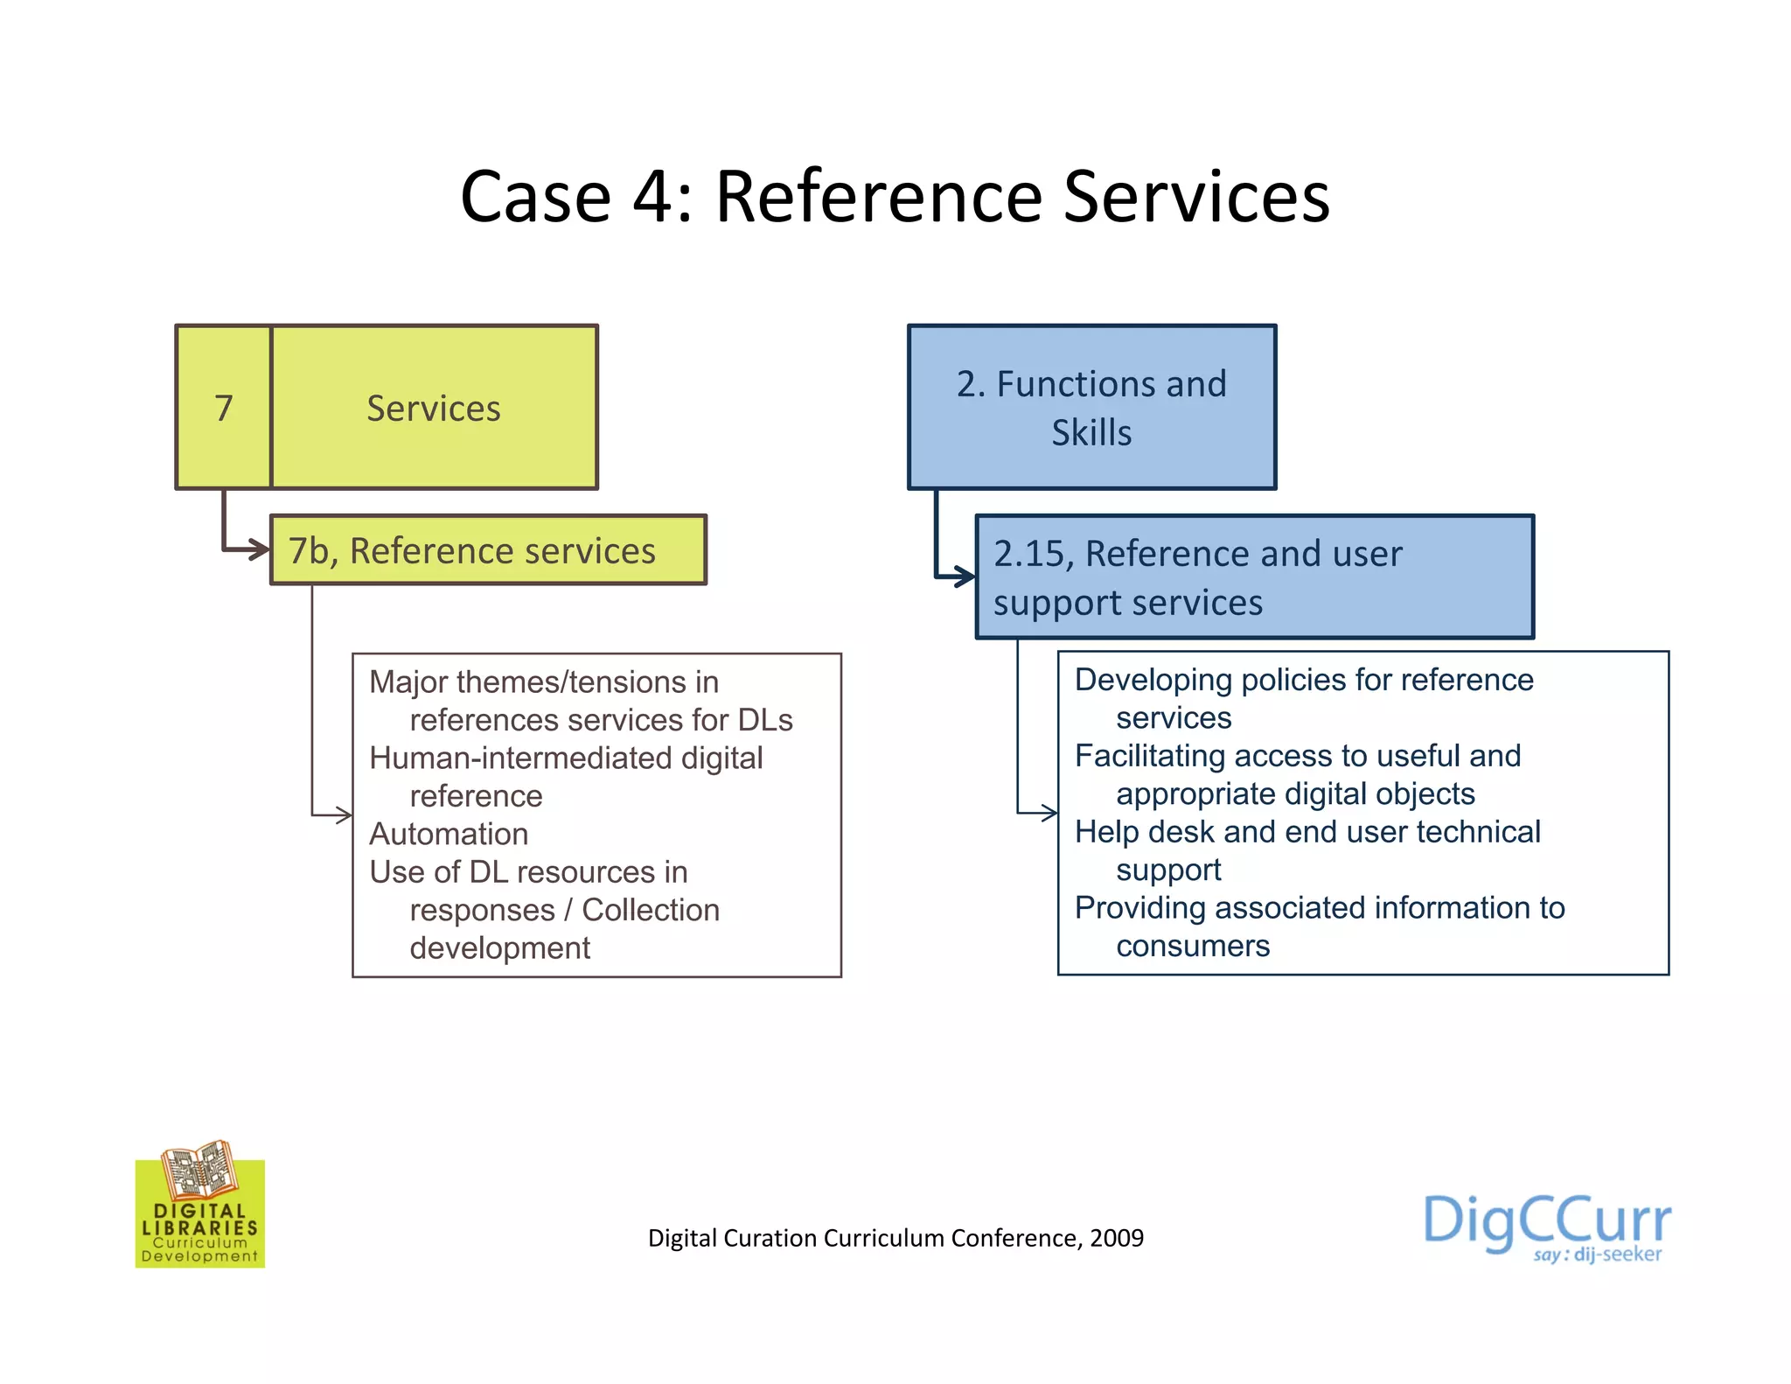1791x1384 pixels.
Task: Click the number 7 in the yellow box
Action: pos(224,409)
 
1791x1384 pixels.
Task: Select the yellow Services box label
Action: pos(434,409)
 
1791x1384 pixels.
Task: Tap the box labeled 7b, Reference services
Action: pos(488,550)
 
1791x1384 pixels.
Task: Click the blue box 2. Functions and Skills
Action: pos(1091,408)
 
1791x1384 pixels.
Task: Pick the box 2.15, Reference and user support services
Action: pos(1254,577)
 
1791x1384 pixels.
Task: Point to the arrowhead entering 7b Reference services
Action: pos(260,550)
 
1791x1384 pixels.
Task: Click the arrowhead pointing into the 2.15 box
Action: pos(965,577)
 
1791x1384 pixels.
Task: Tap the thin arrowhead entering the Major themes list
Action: pos(345,815)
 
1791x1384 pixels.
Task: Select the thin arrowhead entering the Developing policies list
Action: pos(1050,813)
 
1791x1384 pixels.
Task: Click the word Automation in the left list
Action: pos(449,834)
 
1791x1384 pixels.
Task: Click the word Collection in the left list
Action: pos(651,910)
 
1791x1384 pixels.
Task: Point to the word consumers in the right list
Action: pos(1193,946)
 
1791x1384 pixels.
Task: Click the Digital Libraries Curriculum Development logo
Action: pos(200,1206)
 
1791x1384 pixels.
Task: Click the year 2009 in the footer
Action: pos(1117,1238)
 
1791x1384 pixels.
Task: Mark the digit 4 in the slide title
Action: pos(652,197)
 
